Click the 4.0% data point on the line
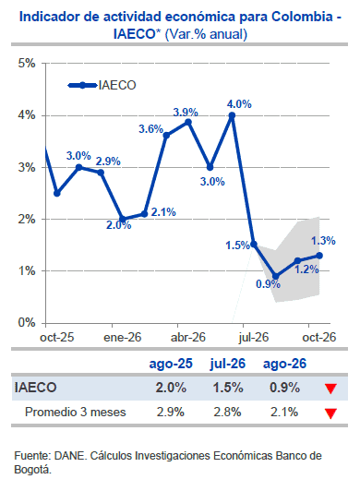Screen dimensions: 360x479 [x=232, y=115]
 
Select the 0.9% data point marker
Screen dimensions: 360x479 [x=276, y=276]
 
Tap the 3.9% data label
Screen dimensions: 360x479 [x=186, y=113]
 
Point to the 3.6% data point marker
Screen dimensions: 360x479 [x=166, y=136]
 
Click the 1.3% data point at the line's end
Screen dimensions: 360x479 [x=319, y=256]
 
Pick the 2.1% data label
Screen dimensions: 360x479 [x=163, y=212]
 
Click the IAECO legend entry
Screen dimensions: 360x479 [x=102, y=85]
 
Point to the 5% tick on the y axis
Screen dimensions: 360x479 [x=27, y=64]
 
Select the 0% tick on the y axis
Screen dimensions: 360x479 [x=27, y=323]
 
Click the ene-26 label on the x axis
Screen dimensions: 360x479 [x=123, y=338]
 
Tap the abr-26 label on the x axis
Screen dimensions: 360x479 [x=188, y=338]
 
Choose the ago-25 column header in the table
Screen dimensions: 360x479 [x=171, y=364]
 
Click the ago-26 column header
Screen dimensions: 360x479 [x=284, y=364]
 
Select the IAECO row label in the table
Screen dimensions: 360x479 [x=35, y=388]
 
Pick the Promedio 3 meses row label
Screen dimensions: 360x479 [x=76, y=412]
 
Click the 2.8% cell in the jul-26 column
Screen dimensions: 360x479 [x=228, y=412]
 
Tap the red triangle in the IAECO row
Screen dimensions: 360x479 [x=330, y=389]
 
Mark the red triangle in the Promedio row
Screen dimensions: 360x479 [x=330, y=413]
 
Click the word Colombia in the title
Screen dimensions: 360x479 [x=302, y=17]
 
